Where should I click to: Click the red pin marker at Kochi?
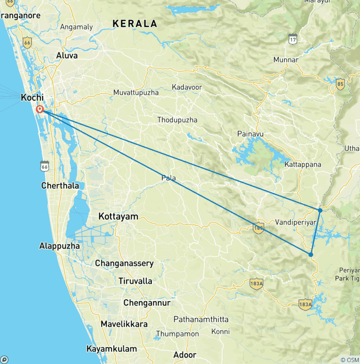click(x=40, y=109)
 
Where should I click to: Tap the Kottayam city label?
click(x=119, y=216)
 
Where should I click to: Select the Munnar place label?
click(x=286, y=60)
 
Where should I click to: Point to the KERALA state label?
click(x=135, y=23)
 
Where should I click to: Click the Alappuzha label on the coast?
click(x=60, y=246)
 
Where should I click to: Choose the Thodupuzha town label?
click(x=177, y=120)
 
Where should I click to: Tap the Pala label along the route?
click(x=169, y=178)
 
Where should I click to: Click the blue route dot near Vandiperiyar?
click(x=320, y=210)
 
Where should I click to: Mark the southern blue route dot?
click(x=311, y=255)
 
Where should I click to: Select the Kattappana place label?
click(x=303, y=164)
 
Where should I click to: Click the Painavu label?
click(x=250, y=134)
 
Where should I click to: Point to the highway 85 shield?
click(x=341, y=84)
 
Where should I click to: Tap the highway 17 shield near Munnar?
click(x=293, y=39)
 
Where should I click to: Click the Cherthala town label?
click(x=60, y=185)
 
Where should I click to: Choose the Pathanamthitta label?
click(x=201, y=319)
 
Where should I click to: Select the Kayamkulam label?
click(x=112, y=349)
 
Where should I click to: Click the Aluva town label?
click(x=67, y=55)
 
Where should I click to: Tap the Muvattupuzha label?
click(x=136, y=92)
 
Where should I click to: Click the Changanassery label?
click(x=124, y=263)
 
